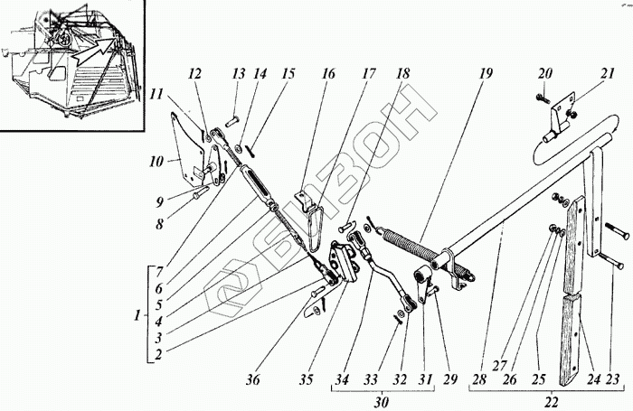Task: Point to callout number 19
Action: point(485,73)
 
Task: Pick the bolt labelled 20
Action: point(542,96)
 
